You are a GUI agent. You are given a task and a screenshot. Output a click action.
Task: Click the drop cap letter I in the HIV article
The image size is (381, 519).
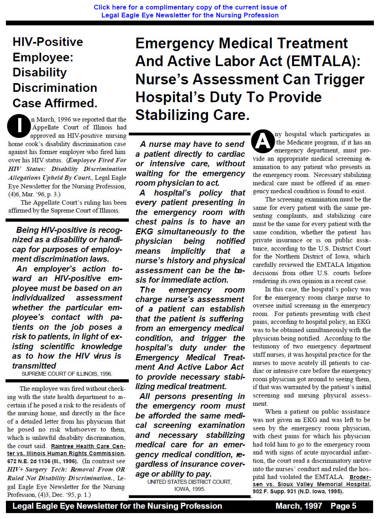click(x=19, y=125)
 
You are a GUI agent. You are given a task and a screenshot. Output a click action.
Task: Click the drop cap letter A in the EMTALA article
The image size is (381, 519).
click(x=263, y=141)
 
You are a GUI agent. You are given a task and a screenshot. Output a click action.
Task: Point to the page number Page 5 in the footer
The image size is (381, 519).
click(x=343, y=506)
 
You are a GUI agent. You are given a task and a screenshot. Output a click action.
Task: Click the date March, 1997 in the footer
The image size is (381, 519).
click(x=298, y=506)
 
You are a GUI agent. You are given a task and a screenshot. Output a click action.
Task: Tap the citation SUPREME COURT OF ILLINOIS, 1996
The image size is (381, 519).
click(x=67, y=374)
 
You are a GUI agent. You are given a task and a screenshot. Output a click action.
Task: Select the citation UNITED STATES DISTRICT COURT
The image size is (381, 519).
click(x=189, y=482)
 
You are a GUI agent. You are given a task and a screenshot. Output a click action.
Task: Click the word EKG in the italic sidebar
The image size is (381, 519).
click(x=144, y=232)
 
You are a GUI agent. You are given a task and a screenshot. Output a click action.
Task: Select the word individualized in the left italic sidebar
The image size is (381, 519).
click(x=38, y=298)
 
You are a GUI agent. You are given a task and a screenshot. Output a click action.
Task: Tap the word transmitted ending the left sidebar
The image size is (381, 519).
click(x=34, y=366)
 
